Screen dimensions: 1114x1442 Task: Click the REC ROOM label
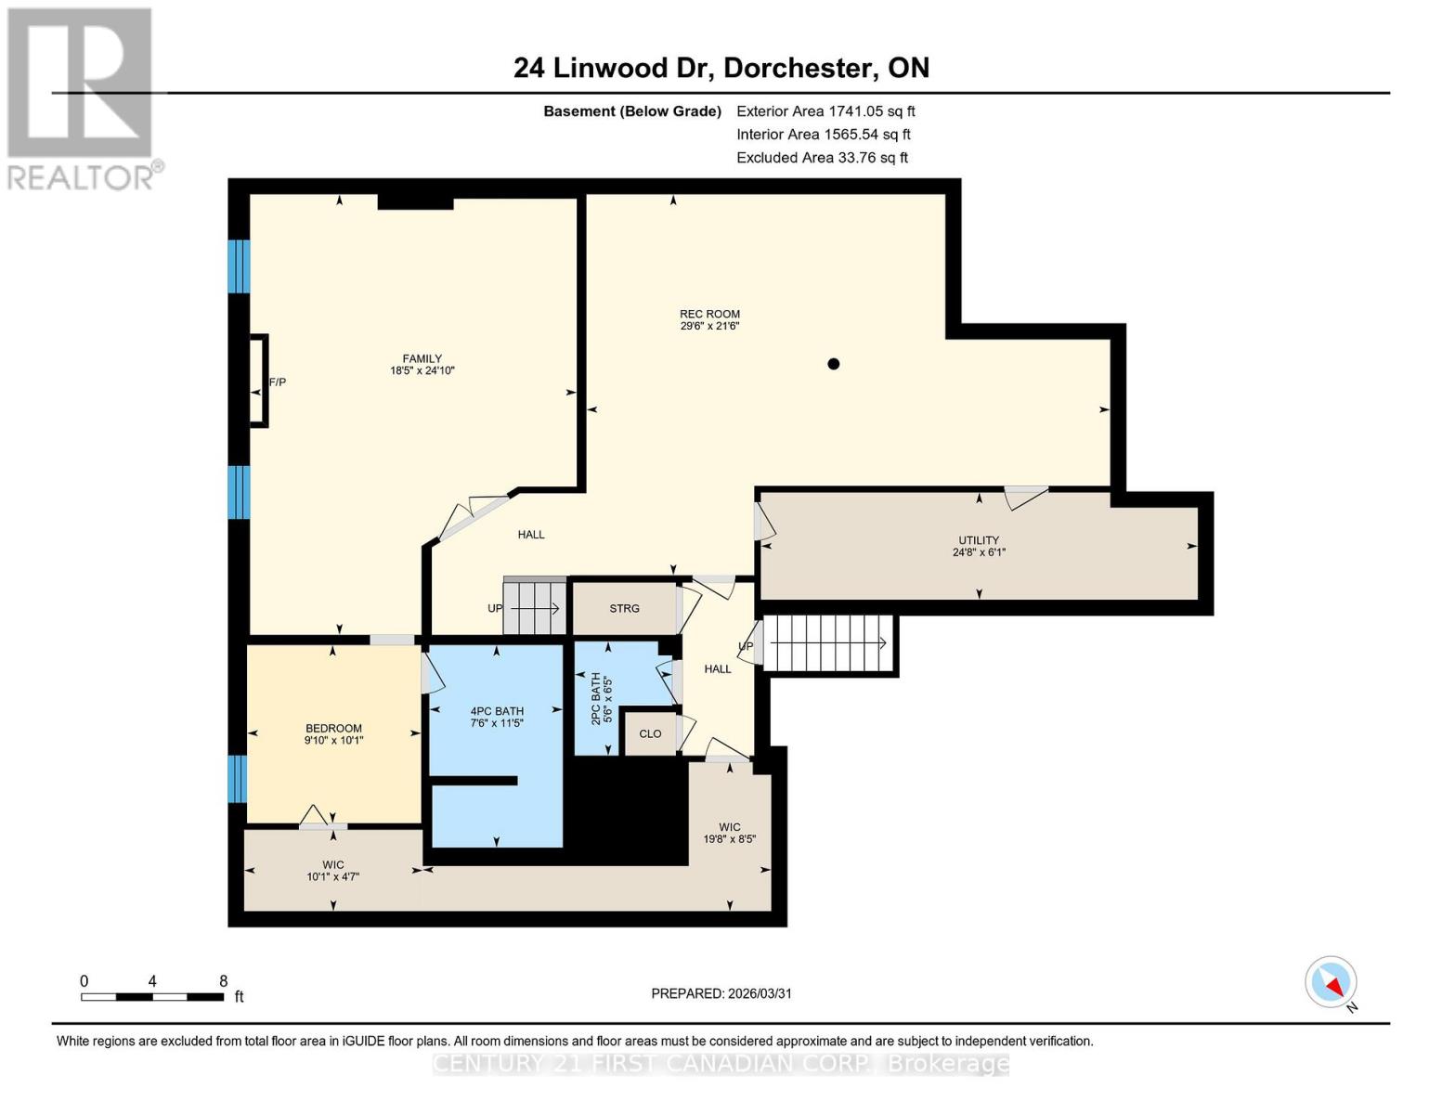[x=709, y=315]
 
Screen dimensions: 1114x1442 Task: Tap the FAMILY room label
[x=422, y=359]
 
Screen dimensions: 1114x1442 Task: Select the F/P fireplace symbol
[x=259, y=382]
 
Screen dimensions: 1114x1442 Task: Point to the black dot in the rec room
[x=833, y=364]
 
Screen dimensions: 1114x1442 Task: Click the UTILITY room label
[x=979, y=540]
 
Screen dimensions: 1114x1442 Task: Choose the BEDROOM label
[x=333, y=729]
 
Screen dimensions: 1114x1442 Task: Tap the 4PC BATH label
[x=497, y=712]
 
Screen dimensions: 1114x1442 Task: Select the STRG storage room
[x=624, y=609]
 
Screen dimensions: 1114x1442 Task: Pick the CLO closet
[x=650, y=734]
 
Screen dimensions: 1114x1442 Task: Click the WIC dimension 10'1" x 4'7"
[x=333, y=876]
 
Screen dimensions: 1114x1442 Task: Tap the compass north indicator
[x=1332, y=982]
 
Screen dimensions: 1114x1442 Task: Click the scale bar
[x=152, y=997]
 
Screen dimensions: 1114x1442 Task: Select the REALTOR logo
[x=81, y=97]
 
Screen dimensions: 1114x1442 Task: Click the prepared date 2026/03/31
[x=721, y=993]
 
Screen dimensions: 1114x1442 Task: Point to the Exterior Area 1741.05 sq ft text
[x=825, y=111]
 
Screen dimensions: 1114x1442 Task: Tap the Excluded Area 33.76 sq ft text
[x=822, y=158]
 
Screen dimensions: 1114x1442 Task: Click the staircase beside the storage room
[x=535, y=609]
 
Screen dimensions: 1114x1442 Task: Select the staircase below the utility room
[x=826, y=643]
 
